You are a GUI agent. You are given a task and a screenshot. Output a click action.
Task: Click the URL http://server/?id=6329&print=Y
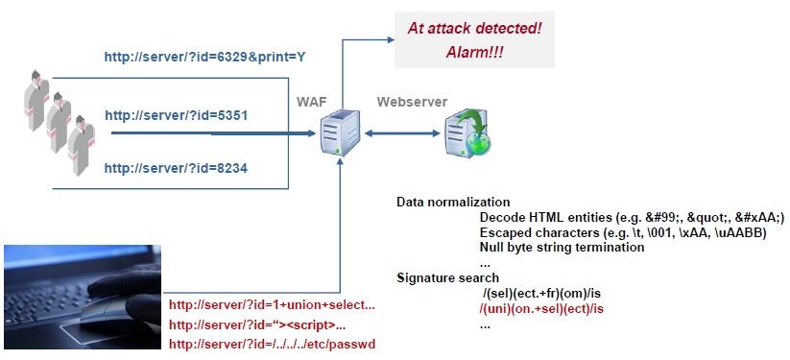(204, 58)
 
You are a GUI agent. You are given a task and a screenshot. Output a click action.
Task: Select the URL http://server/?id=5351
(176, 115)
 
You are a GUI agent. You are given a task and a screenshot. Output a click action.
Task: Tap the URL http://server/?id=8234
(176, 168)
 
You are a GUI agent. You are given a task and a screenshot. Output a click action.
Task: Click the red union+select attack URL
(272, 305)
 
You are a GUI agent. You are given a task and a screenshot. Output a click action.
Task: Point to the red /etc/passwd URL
(278, 344)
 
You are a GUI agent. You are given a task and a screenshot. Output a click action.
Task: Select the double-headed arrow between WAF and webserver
(397, 133)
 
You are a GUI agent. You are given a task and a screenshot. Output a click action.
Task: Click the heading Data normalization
(453, 203)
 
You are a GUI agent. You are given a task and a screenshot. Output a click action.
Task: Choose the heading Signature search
(447, 277)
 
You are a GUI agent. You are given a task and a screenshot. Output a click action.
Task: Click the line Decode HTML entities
(632, 218)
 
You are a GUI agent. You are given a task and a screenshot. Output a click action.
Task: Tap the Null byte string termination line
(562, 247)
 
